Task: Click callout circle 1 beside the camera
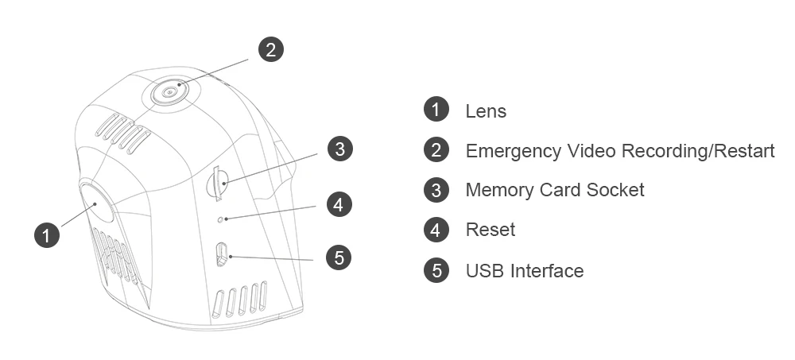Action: tap(47, 234)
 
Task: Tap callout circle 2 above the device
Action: tap(271, 49)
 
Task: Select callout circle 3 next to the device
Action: tap(339, 148)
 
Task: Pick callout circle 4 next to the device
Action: tap(339, 204)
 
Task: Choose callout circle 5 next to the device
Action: tap(339, 257)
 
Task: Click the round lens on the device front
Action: tap(95, 204)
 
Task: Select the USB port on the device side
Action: tap(223, 254)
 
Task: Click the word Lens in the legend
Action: tap(486, 110)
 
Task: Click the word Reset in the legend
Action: tap(490, 230)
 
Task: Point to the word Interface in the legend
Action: tap(546, 270)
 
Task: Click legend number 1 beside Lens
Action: tap(436, 109)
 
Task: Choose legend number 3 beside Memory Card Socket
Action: tap(436, 190)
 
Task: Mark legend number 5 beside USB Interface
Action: tap(436, 270)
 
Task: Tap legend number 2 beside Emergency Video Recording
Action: tap(436, 149)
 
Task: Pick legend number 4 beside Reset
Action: tap(436, 230)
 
